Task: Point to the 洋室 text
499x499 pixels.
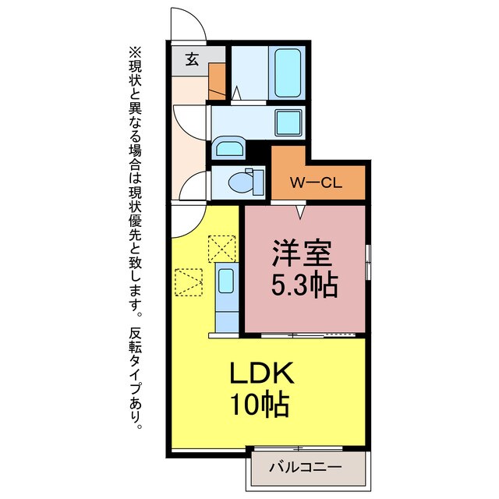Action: pyautogui.click(x=304, y=255)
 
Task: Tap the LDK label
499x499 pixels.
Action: pyautogui.click(x=260, y=374)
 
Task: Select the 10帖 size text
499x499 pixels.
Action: pyautogui.click(x=260, y=405)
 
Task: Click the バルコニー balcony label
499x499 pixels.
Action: pyautogui.click(x=306, y=468)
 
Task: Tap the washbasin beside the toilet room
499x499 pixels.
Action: pyautogui.click(x=229, y=149)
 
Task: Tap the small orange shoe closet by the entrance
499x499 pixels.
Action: pyautogui.click(x=217, y=79)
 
